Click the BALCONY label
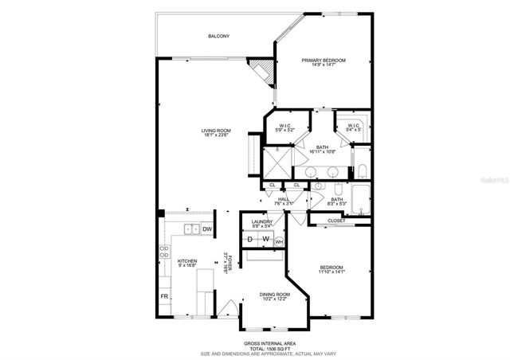coord(218,36)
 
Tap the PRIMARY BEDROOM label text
coord(323,61)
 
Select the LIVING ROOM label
coord(215,131)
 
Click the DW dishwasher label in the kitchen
coord(206,229)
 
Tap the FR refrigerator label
coord(165,297)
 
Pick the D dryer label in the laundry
coord(250,240)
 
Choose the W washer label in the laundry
coord(265,240)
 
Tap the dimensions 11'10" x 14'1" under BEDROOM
coord(331,272)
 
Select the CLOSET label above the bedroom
coord(336,221)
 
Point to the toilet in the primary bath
coord(361,170)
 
